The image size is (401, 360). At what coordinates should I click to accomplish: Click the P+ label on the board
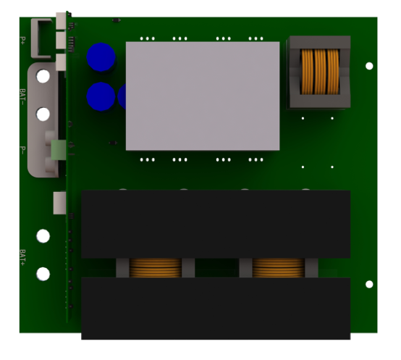coord(22,41)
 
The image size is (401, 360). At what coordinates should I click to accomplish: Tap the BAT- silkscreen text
coord(22,97)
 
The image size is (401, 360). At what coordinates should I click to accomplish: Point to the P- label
coord(22,150)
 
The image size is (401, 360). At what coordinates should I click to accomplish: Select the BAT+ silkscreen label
coord(22,257)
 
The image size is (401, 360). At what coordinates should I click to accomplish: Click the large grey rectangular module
coord(203,96)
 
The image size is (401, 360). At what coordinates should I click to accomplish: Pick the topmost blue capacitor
coord(101,57)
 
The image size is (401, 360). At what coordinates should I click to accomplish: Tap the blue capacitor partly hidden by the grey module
coord(122,96)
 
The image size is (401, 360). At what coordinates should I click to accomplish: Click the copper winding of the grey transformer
coord(320,72)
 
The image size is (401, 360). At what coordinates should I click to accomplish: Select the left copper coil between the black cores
coord(155,267)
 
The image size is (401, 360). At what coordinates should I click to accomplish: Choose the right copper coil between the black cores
coord(278,267)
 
